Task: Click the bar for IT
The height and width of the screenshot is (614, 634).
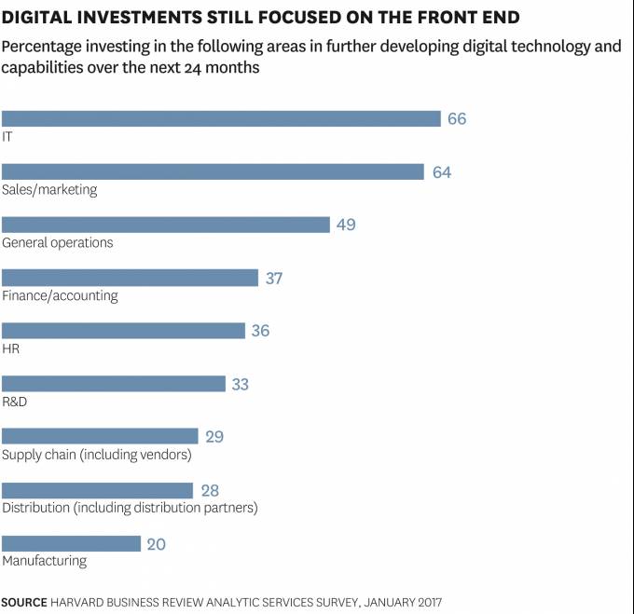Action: coord(221,118)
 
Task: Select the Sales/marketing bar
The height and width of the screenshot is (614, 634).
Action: coord(214,171)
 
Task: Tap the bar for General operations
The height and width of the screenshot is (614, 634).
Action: coord(166,225)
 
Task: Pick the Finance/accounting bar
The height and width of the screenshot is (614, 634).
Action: coord(130,278)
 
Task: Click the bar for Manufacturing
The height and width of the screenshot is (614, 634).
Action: coord(71,543)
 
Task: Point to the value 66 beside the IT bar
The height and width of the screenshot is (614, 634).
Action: coord(457,119)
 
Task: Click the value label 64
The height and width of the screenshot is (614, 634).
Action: coord(442,172)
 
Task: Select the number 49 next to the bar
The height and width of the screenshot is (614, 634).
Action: coord(346,225)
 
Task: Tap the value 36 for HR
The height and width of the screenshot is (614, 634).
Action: coord(260,331)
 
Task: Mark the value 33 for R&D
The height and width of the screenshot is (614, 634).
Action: coord(240,384)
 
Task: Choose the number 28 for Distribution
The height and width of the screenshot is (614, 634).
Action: coord(209,490)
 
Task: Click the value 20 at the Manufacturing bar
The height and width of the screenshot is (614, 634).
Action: coord(156,543)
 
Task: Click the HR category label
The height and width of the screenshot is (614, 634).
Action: coord(11,348)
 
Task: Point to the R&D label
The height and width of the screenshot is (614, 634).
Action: coord(16,402)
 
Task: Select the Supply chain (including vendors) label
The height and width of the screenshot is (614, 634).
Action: coord(96,455)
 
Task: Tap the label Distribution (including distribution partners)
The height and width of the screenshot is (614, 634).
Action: coord(130,508)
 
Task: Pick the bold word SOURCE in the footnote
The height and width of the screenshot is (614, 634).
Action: coord(24,602)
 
